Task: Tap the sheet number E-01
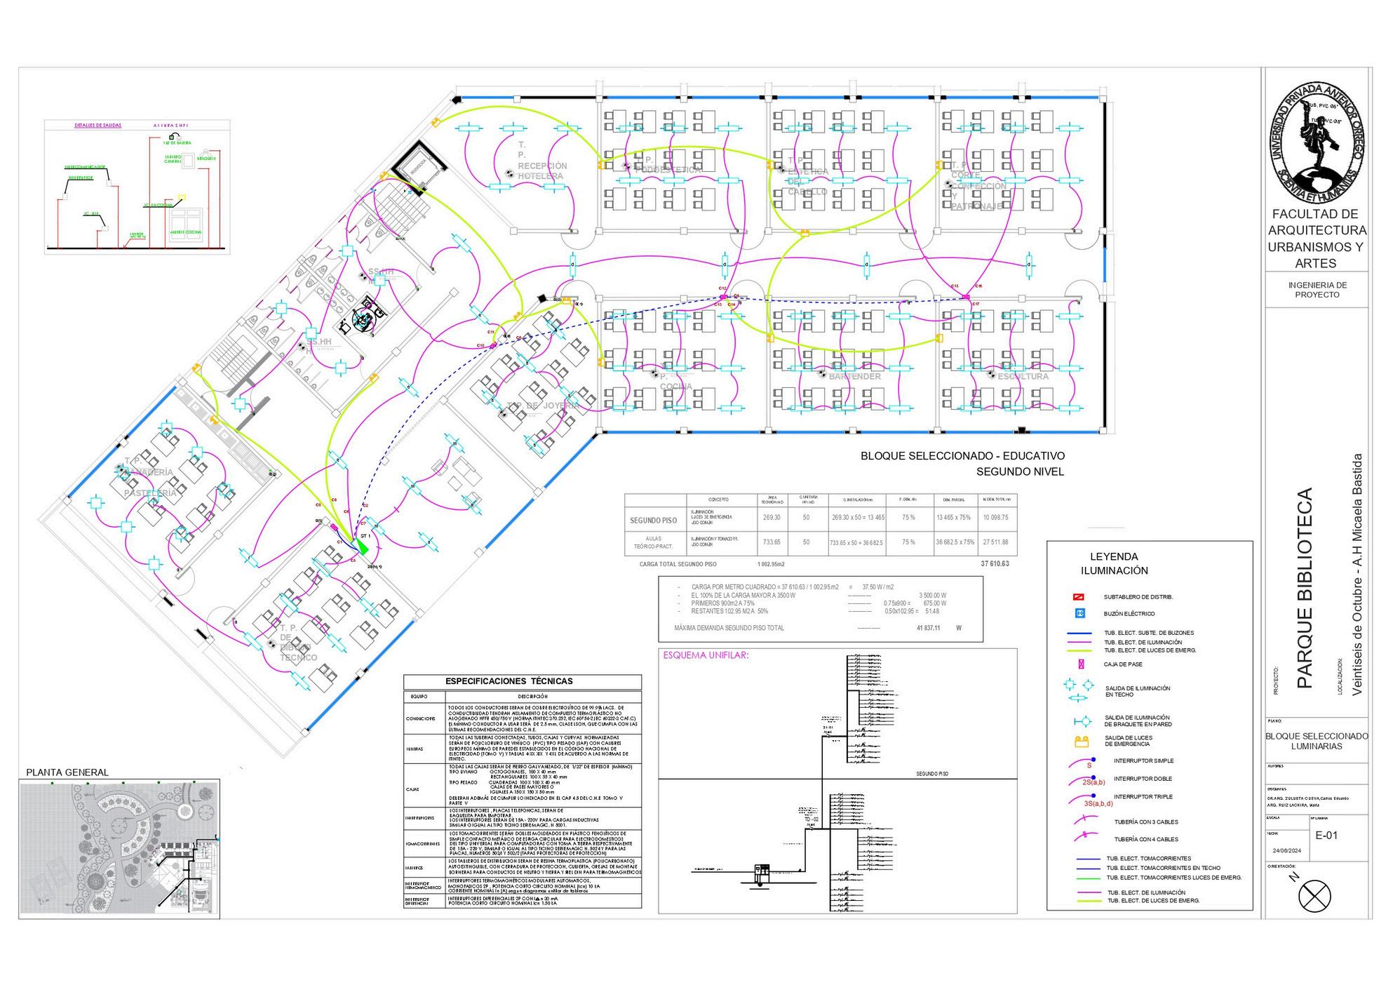tap(1326, 835)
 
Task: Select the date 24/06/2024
tap(1286, 850)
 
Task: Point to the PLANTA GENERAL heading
tap(67, 772)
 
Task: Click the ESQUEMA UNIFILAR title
tap(706, 656)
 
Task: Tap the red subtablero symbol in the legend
tap(1080, 597)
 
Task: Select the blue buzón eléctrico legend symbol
tap(1080, 614)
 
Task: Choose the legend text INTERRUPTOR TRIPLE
tap(1143, 797)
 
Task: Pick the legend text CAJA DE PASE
tap(1124, 664)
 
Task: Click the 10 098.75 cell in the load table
tap(995, 517)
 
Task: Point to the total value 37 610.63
tap(995, 564)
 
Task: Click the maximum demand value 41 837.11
tap(928, 628)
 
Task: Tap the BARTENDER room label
tap(854, 377)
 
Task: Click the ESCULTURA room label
tap(1023, 377)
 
